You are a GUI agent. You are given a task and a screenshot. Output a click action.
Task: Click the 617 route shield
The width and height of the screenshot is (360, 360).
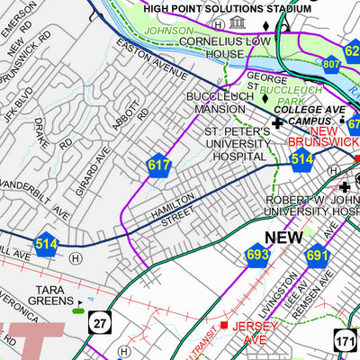pyautogui.click(x=159, y=166)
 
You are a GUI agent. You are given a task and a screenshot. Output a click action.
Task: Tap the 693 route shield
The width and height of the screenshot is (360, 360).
pyautogui.click(x=258, y=256)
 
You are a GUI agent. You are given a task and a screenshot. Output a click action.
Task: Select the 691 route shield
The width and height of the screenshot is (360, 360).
pyautogui.click(x=317, y=256)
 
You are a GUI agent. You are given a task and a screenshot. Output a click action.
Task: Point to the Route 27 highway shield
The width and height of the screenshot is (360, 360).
pyautogui.click(x=100, y=321)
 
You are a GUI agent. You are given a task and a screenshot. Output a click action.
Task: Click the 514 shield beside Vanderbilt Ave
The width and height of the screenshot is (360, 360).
pyautogui.click(x=47, y=242)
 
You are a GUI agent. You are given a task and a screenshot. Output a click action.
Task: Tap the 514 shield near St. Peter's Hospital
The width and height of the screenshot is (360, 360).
pyautogui.click(x=301, y=159)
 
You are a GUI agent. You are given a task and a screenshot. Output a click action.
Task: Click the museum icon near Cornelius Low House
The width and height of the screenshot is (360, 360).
pyautogui.click(x=237, y=22)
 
